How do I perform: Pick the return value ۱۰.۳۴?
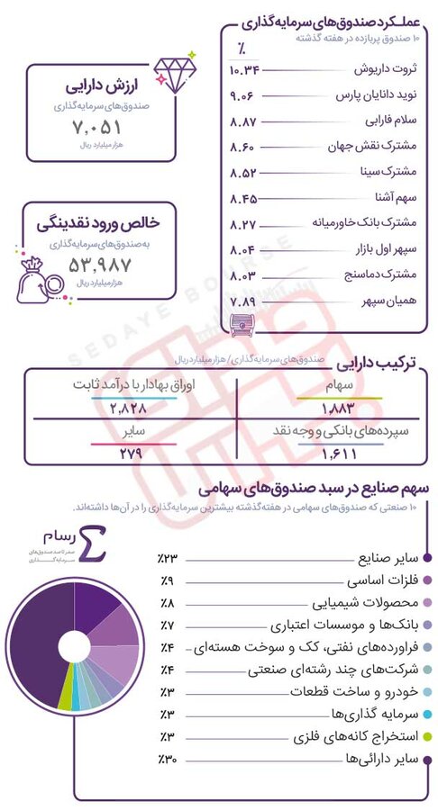(x=245, y=69)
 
